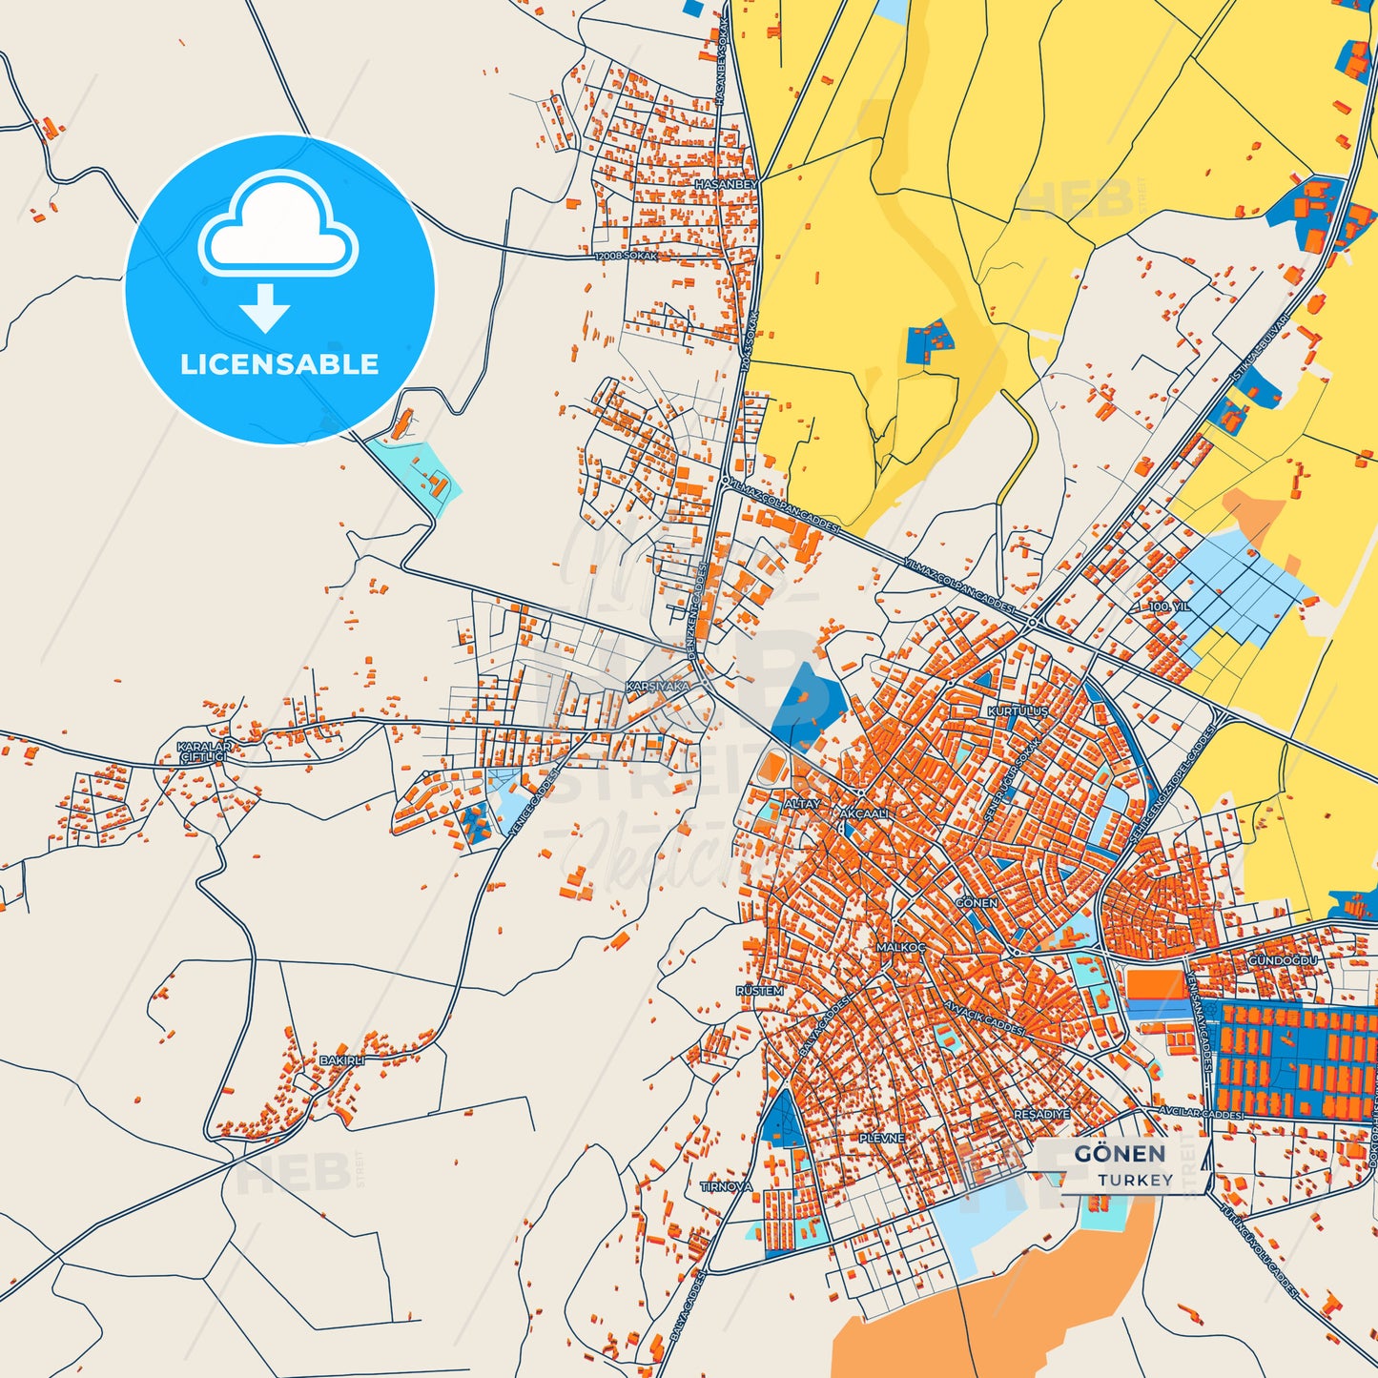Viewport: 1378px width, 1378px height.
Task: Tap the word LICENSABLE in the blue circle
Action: coord(279,364)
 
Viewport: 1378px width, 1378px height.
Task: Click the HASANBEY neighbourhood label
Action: coord(727,183)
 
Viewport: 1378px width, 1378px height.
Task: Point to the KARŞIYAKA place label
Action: coord(657,687)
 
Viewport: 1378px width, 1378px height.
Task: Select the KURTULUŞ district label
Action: coord(1018,711)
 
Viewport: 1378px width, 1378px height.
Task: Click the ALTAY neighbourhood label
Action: coord(801,804)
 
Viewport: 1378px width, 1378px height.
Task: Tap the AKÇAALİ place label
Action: coord(865,813)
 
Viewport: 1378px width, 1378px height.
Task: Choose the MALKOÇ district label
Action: coord(901,947)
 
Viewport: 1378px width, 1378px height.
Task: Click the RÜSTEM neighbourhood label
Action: coord(759,991)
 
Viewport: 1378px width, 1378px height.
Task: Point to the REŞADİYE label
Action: coord(1041,1114)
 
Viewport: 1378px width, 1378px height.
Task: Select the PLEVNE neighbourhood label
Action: coord(881,1139)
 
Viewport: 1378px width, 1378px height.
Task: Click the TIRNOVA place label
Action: coord(727,1186)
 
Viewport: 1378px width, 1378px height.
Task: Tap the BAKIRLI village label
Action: coord(341,1060)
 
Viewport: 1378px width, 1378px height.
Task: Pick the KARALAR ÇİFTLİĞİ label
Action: coord(204,751)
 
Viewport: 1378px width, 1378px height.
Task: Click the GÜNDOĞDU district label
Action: coord(1283,960)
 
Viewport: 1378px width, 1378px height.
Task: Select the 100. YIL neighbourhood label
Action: coord(1169,607)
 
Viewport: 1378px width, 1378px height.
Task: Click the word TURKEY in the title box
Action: coord(1135,1180)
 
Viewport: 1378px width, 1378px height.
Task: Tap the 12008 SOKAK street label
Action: coord(626,257)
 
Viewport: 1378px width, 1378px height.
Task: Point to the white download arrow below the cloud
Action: coord(265,307)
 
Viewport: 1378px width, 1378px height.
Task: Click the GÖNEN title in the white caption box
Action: coord(1120,1154)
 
